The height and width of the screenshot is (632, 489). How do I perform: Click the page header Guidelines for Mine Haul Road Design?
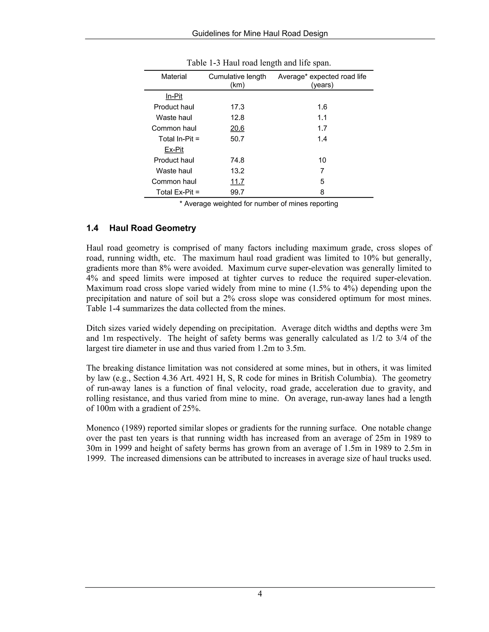coord(260,34)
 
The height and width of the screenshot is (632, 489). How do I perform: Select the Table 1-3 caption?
coord(258,63)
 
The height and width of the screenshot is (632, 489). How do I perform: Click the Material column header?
coord(174,77)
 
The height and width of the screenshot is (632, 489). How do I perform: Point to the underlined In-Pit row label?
coord(174,96)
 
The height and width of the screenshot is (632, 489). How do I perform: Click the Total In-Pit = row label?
coord(179,139)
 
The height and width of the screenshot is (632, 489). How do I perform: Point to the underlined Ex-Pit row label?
coord(174,150)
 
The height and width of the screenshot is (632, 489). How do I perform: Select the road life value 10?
coord(322,160)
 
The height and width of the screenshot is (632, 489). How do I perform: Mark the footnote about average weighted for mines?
coord(258,204)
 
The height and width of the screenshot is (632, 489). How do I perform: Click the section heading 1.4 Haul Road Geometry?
coord(141,228)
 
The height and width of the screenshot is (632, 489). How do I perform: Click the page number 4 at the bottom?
coord(260,594)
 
